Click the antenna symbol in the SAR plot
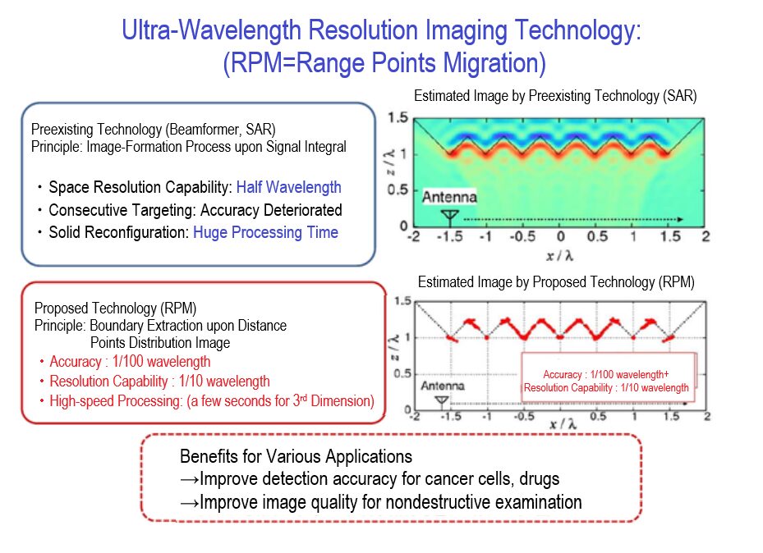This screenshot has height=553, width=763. point(449,216)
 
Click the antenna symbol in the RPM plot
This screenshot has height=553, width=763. point(442,401)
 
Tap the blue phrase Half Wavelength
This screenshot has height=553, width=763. point(288,187)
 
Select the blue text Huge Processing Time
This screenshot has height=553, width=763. point(265,232)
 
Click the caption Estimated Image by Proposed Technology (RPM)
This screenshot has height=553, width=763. point(556,282)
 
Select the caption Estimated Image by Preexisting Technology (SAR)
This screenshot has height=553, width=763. point(555,96)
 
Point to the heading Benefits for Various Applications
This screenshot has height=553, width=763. point(296,456)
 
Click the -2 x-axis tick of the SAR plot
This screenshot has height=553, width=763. point(416,236)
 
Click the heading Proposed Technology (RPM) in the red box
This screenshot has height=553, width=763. point(115,308)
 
